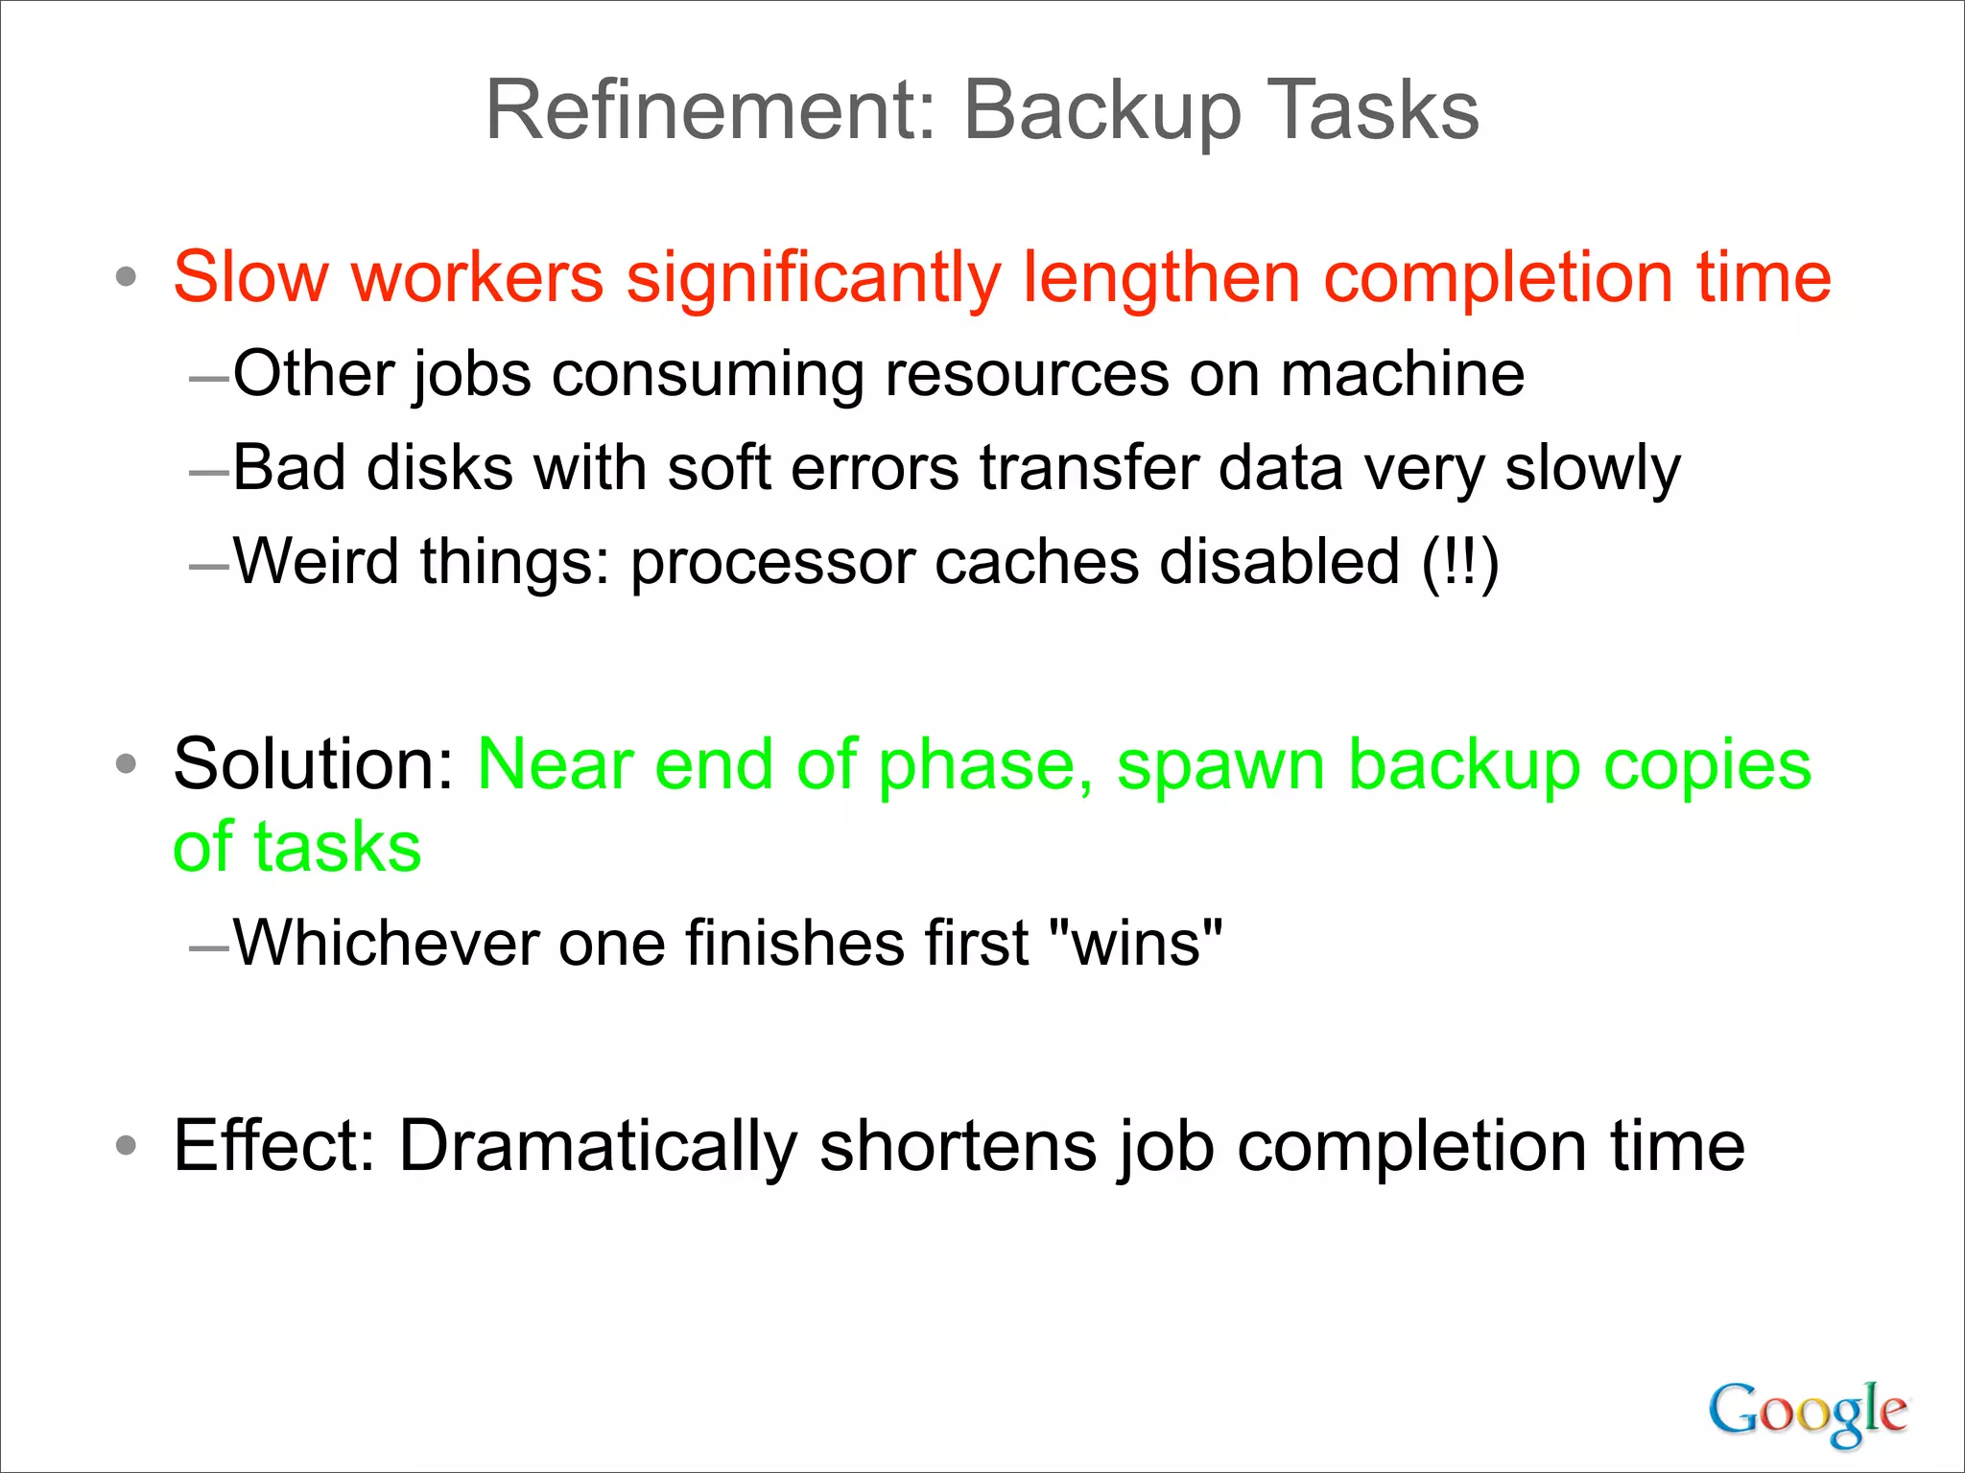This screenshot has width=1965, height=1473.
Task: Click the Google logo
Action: coord(1807,1412)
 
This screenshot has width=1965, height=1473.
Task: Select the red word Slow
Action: coord(250,277)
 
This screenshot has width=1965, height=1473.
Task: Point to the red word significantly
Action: coord(813,279)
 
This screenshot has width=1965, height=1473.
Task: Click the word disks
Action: coord(439,468)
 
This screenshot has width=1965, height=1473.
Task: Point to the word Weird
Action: coord(316,561)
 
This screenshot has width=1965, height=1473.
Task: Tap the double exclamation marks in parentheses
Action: coord(1459,562)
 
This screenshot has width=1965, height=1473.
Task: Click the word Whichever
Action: coord(386,943)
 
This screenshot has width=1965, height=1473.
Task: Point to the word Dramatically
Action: coord(598,1146)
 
